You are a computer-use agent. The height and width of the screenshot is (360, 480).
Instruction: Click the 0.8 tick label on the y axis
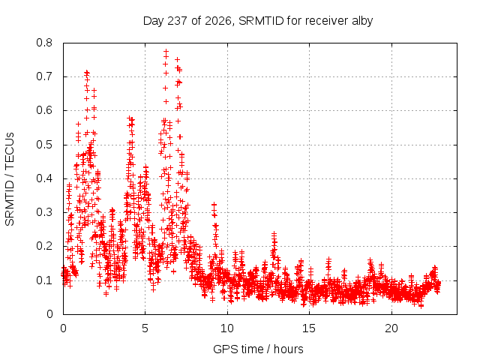click(44, 43)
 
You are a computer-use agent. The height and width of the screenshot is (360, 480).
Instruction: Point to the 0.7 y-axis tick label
click(44, 76)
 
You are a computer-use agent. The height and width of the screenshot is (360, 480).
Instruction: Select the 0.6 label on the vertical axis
click(44, 110)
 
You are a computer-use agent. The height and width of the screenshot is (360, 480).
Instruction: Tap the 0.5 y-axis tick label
click(44, 145)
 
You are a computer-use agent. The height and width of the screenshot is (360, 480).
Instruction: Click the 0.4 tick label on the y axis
click(44, 178)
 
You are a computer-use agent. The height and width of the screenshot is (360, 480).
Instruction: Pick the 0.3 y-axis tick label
click(44, 212)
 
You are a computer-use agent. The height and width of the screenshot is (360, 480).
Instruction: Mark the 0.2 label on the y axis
click(44, 246)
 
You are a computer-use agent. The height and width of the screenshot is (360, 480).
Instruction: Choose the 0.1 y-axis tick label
click(44, 280)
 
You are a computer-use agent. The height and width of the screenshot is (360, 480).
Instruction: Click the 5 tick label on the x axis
click(145, 328)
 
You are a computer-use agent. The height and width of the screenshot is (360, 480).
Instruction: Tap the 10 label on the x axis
click(227, 328)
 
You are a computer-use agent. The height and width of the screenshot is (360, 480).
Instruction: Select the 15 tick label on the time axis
click(309, 328)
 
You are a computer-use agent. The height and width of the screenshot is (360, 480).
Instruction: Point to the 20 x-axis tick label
click(391, 328)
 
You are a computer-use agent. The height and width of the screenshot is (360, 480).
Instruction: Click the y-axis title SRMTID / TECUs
click(10, 179)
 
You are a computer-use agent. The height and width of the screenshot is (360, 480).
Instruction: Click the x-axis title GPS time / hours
click(258, 349)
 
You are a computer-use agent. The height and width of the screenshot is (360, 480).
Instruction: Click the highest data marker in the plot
click(166, 51)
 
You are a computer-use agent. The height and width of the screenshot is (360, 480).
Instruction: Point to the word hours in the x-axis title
click(288, 349)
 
